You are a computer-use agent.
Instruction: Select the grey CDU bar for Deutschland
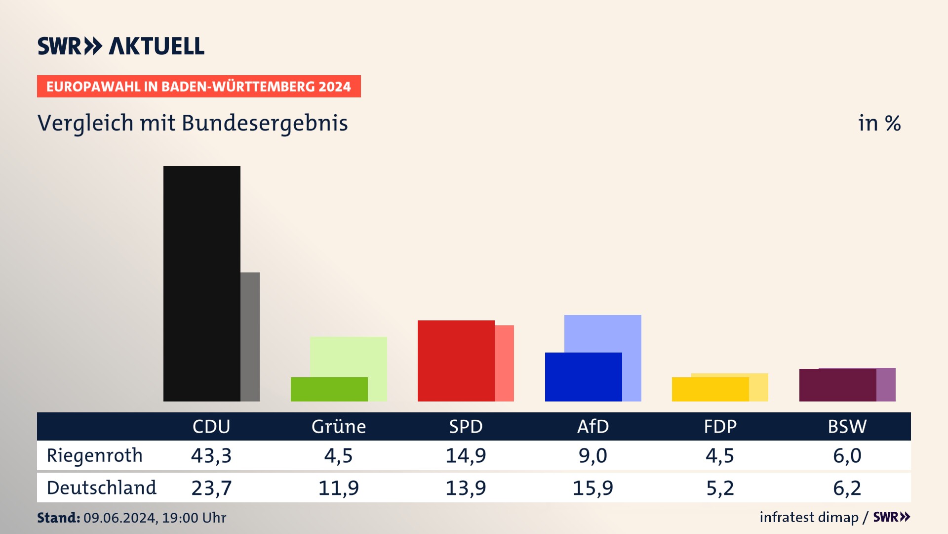point(250,336)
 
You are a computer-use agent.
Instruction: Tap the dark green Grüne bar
point(329,389)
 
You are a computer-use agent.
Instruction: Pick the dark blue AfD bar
point(583,377)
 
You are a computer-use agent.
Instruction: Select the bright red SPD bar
point(456,360)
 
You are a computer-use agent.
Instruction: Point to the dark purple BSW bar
point(837,385)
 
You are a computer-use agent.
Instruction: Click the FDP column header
point(720,426)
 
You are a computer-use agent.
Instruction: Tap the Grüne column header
point(338,426)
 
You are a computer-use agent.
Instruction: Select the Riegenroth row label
point(94,455)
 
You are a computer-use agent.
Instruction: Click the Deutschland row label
point(101,488)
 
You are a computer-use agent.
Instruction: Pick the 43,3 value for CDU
point(211,455)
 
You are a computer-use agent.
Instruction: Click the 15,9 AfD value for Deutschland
point(592,488)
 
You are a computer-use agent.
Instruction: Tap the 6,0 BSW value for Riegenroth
point(847,455)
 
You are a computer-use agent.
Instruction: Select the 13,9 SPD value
point(466,488)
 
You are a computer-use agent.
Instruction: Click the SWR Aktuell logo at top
point(121,46)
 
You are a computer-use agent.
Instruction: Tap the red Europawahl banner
point(198,87)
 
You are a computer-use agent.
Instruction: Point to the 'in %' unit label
point(879,124)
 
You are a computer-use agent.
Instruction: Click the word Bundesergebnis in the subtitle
point(265,124)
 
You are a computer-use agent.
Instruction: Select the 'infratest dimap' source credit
point(809,517)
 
